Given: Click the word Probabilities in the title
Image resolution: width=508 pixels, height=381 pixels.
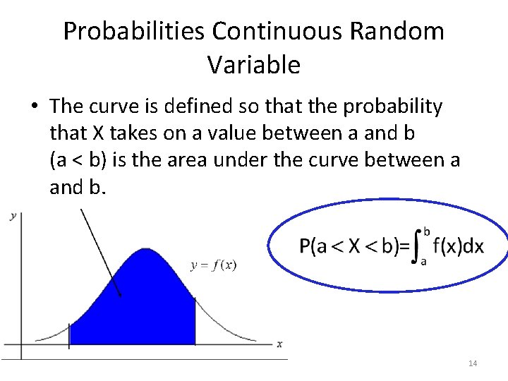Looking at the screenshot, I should coord(134,32).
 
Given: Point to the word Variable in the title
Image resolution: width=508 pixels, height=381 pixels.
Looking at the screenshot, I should coord(254,65).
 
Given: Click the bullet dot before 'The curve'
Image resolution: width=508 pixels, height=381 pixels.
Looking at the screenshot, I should coord(34,107).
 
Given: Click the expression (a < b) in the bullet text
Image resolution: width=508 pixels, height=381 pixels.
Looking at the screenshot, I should coord(78,161).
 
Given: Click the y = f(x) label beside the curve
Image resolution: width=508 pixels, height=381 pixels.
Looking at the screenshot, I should coord(214,265).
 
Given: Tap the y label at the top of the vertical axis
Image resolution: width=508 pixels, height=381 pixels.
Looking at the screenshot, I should coord(13,216).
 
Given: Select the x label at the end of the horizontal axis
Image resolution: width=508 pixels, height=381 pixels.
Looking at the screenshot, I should coord(279,344).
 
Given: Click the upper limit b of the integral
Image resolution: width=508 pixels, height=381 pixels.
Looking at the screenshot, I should coord(426,231).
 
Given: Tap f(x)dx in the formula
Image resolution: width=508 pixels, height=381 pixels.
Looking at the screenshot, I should coord(458,246).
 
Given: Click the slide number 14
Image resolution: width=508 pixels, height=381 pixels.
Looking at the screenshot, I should coord(472,363).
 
